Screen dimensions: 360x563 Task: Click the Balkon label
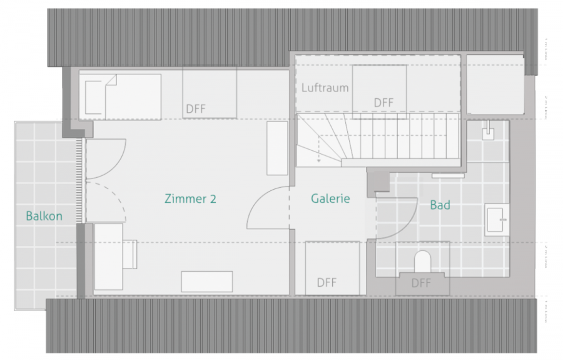click(44, 216)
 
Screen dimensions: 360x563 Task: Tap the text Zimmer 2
click(190, 199)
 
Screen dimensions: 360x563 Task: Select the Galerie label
click(330, 199)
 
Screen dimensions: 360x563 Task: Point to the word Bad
click(440, 205)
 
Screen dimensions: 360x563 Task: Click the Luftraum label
click(325, 88)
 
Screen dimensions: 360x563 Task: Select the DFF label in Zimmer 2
click(196, 108)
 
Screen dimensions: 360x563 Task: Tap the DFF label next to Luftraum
click(383, 102)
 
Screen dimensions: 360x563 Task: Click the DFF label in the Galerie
click(327, 282)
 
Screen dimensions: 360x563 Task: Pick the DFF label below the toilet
click(422, 284)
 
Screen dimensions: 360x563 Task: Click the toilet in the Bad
click(423, 261)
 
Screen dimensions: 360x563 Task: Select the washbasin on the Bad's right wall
click(499, 219)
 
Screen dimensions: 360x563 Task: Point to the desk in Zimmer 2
click(108, 257)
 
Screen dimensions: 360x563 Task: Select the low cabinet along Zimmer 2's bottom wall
click(206, 281)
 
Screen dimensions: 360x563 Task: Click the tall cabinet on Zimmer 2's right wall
click(277, 148)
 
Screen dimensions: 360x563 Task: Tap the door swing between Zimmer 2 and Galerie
click(268, 210)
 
